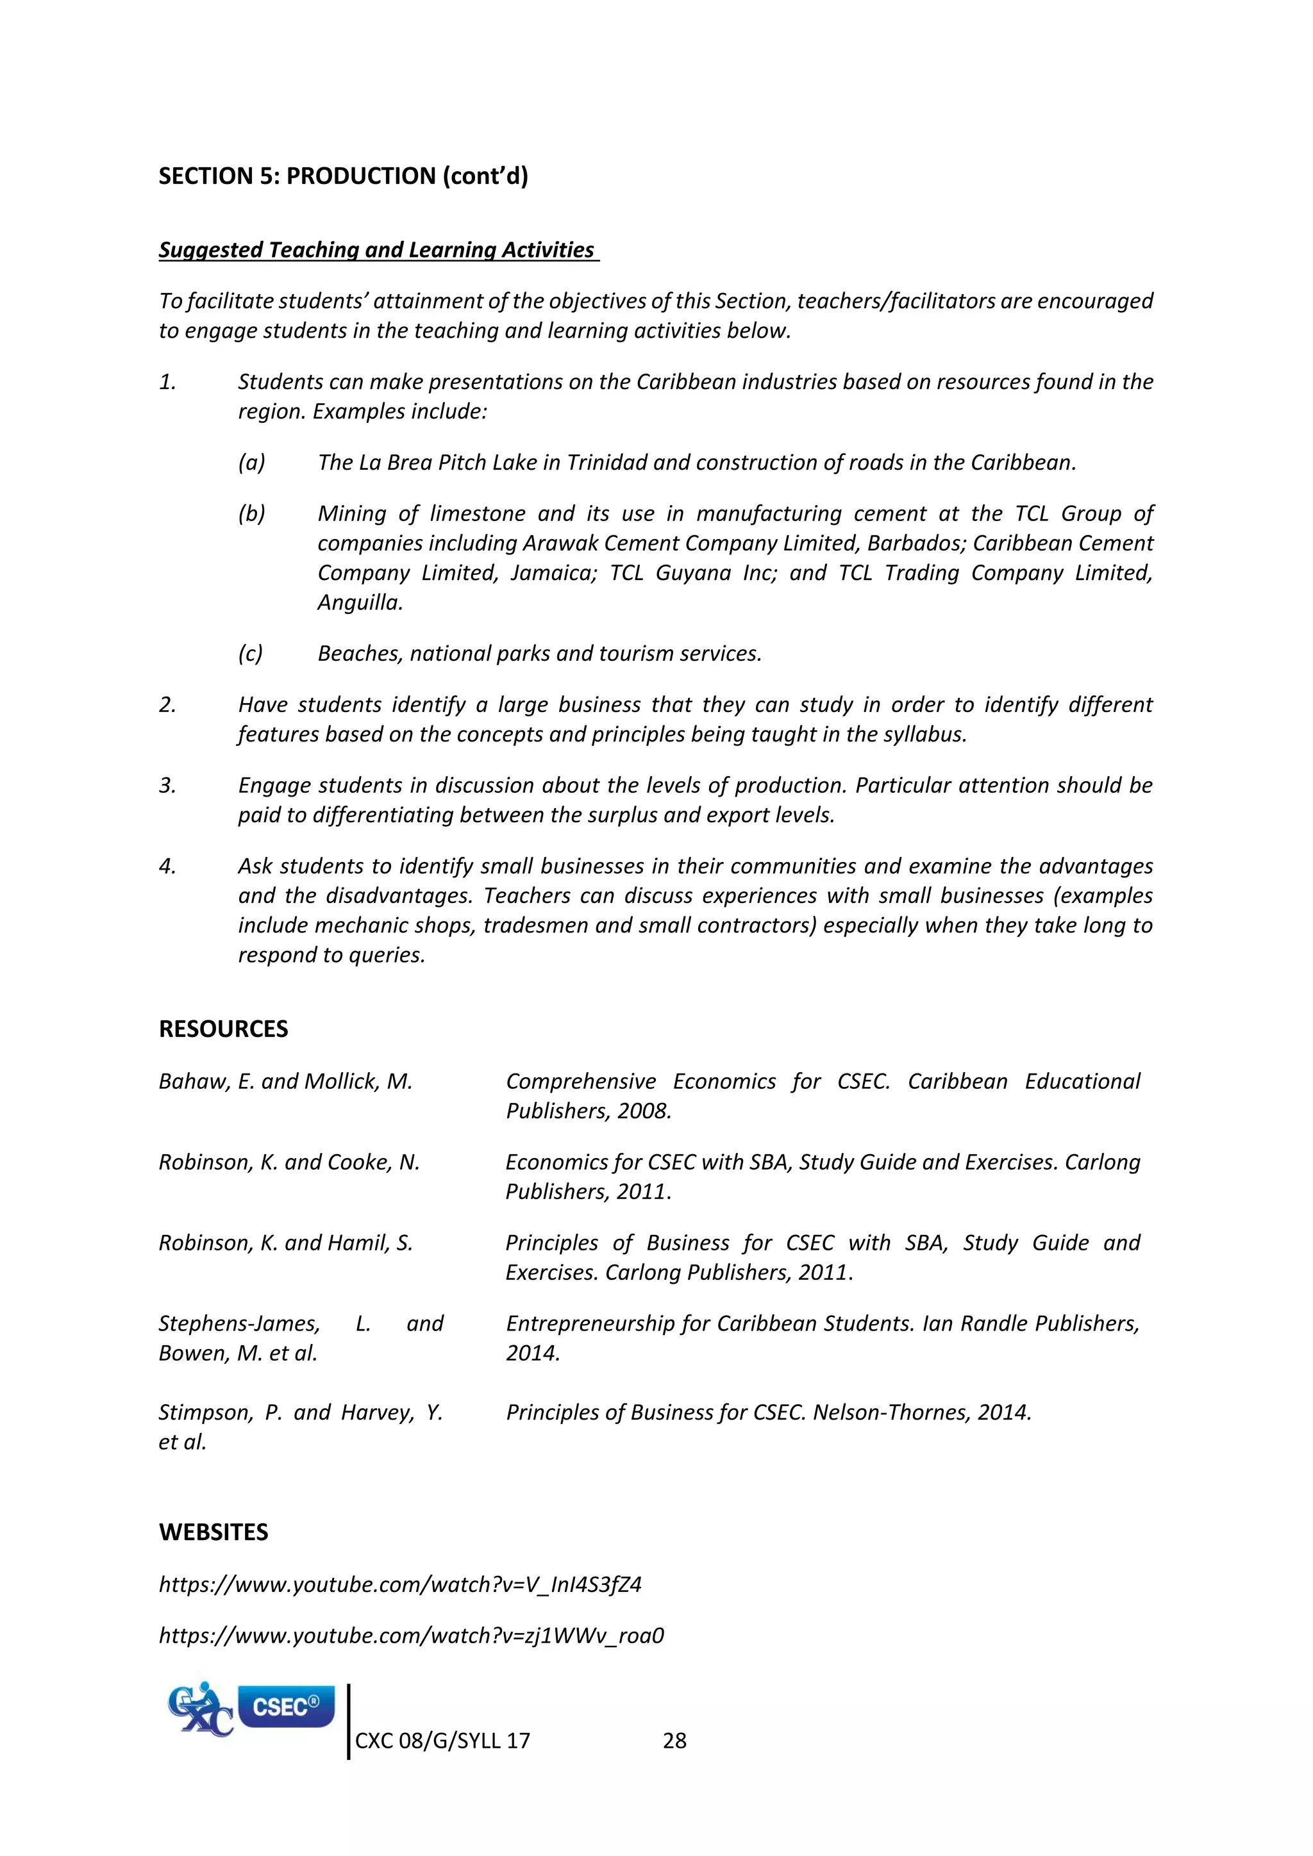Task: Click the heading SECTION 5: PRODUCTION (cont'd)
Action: point(343,176)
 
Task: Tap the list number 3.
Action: point(167,786)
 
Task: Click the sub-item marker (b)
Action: point(251,514)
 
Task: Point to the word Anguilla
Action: point(359,603)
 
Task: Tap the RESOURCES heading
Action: point(223,1029)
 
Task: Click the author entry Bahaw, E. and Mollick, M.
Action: point(285,1082)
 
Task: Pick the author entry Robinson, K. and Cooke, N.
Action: point(289,1163)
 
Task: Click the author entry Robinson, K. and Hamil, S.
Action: point(285,1243)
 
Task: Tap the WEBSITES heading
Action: point(213,1532)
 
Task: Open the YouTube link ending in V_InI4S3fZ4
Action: point(400,1584)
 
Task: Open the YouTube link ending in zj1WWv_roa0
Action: point(411,1636)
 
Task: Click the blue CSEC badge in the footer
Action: point(285,1707)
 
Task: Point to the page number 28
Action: point(674,1741)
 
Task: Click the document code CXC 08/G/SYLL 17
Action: point(442,1741)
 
